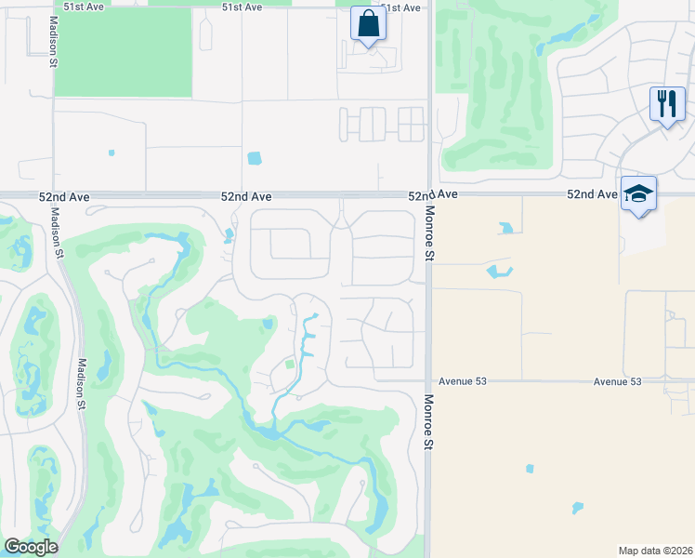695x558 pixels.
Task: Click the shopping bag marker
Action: coord(368,24)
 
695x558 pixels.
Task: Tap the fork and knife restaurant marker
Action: coord(666,103)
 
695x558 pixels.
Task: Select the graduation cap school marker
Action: coord(638,193)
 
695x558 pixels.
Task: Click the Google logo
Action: coord(31,547)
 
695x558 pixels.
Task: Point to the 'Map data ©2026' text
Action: coord(656,550)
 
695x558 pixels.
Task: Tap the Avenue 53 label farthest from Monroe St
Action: coord(618,381)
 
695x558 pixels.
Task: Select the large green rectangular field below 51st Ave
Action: coord(123,50)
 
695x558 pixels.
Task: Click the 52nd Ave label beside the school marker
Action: coord(593,194)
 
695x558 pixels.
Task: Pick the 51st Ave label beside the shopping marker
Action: coord(401,7)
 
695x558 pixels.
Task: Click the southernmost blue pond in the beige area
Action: coord(577,508)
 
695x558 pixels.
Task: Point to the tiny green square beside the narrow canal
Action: coord(289,365)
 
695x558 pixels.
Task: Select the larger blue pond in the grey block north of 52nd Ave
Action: coord(254,158)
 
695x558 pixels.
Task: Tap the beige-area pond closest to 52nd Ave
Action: coord(506,227)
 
